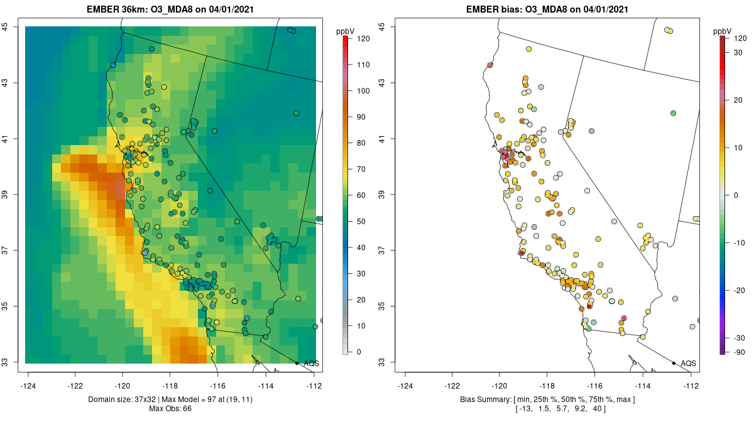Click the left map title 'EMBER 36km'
pos(110,9)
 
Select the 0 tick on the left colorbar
pos(359,352)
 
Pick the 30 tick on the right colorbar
pos(738,53)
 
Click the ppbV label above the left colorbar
pos(346,31)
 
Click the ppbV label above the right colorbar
pos(723,31)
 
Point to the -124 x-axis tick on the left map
pos(28,386)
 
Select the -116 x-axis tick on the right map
pos(595,386)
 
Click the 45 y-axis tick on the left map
pos(5,26)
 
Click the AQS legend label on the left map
pos(312,364)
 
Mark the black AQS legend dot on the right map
pos(674,363)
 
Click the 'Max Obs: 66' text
pos(170,409)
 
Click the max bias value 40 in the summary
pos(597,409)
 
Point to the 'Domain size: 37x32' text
pos(122,399)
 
